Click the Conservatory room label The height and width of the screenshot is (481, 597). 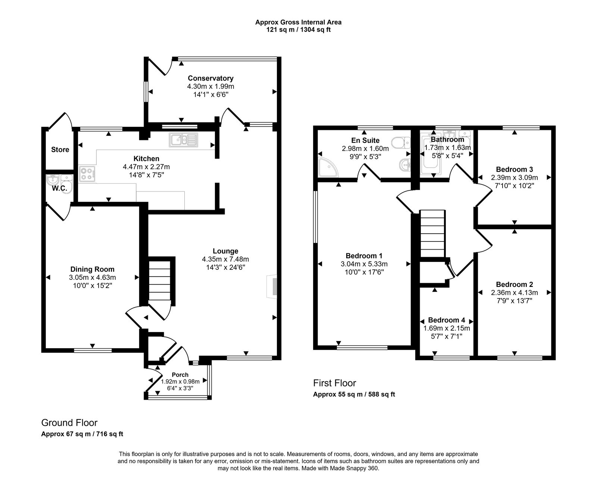coord(210,78)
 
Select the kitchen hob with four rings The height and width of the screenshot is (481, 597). coord(87,174)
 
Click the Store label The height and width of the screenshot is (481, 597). coord(60,150)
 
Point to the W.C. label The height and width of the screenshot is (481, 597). coord(59,188)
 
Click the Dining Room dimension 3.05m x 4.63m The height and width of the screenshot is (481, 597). coord(92,277)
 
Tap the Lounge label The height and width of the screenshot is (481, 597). coord(225,251)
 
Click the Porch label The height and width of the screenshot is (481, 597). coord(180,375)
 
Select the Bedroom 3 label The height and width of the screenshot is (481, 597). coord(514,169)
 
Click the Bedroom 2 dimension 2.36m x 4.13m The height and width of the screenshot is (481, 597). coord(514,293)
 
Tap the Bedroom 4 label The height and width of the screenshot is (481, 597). coord(446,320)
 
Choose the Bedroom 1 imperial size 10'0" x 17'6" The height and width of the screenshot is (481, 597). coord(364,272)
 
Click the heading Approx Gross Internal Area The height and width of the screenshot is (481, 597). coord(298,22)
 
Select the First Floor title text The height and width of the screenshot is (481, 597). coord(334,383)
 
